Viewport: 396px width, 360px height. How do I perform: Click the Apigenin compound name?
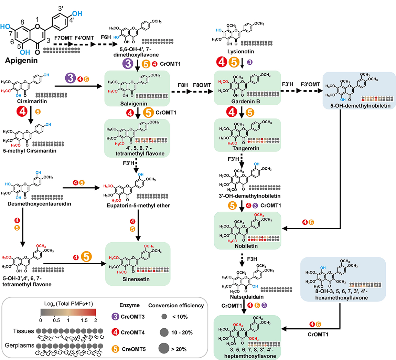21,61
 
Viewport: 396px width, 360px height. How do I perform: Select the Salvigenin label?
134,104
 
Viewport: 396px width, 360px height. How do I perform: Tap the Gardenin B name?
246,102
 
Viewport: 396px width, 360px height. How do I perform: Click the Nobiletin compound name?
246,246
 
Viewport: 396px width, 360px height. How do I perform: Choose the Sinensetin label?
136,279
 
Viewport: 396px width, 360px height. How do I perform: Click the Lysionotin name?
240,52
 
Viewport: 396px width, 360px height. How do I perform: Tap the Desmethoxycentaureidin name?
39,204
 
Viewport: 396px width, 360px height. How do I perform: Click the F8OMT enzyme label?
202,84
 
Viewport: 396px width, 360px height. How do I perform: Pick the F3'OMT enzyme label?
310,84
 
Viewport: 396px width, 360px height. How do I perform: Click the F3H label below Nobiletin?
252,259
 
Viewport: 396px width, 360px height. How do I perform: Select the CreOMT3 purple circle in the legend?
116,317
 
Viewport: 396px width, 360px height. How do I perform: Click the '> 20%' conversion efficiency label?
179,349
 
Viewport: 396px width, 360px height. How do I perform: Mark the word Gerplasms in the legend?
19,346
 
